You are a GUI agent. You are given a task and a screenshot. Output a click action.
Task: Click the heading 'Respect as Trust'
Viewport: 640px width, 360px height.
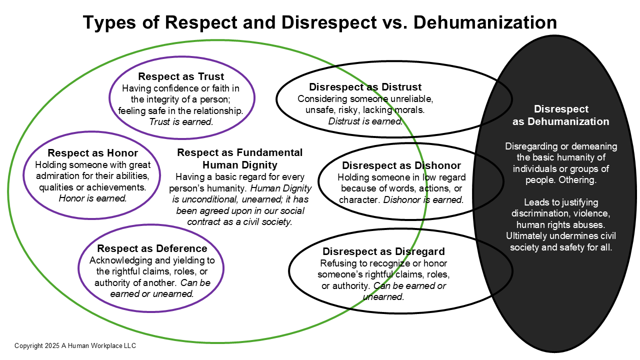[181, 76]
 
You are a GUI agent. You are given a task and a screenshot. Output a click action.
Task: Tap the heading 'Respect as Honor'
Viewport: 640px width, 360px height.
[92, 153]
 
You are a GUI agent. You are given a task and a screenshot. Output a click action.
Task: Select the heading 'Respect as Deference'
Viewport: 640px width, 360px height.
[152, 248]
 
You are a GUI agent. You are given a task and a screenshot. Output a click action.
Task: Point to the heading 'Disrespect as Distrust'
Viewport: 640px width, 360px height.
[365, 87]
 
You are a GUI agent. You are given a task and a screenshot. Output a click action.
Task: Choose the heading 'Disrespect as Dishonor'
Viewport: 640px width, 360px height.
[401, 165]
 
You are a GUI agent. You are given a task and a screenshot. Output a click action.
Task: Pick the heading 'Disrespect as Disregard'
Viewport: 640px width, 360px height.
[383, 251]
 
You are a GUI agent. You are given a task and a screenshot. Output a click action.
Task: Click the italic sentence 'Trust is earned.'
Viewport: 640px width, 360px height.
[181, 121]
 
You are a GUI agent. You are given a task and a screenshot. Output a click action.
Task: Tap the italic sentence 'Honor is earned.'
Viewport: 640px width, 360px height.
[92, 198]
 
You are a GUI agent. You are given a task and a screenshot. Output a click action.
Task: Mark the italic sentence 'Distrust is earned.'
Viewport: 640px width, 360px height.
[365, 121]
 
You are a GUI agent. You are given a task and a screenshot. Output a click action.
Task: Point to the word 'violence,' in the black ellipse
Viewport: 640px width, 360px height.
[595, 213]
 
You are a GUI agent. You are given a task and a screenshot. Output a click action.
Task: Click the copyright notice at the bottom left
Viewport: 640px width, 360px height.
[75, 345]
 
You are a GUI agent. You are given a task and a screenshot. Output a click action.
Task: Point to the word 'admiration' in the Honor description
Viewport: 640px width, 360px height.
[58, 176]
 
